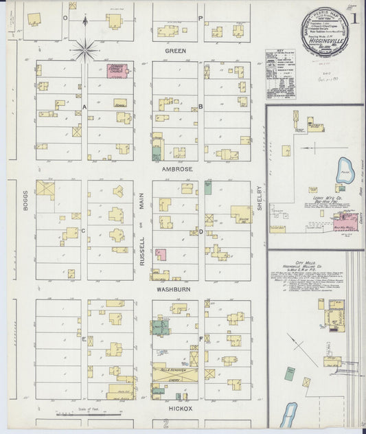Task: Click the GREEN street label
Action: (176, 50)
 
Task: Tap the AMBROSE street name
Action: (177, 168)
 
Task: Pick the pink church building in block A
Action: (119, 71)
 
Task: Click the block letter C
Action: (84, 230)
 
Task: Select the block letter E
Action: (84, 339)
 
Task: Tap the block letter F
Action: (201, 339)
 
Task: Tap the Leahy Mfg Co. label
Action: (314, 198)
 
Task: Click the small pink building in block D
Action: (162, 255)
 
